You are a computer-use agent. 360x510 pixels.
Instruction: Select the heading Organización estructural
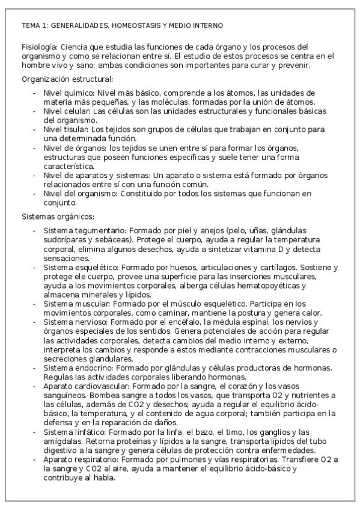click(x=67, y=79)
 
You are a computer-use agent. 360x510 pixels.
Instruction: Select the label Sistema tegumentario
click(x=80, y=230)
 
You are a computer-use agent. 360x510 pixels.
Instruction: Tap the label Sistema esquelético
click(x=78, y=266)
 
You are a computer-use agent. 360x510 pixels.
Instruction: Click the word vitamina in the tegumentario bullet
click(x=254, y=248)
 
